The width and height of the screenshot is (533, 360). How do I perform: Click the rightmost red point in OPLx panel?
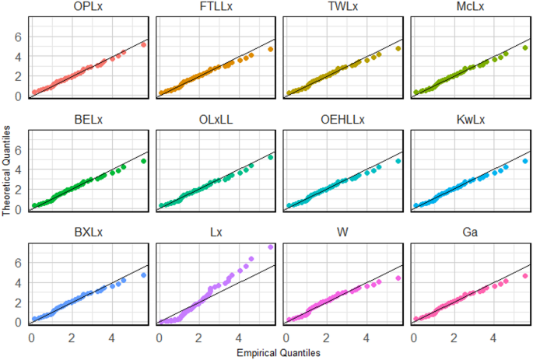(x=143, y=45)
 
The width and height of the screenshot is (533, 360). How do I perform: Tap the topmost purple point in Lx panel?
(x=270, y=247)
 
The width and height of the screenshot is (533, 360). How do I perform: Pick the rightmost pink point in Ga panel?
(x=525, y=275)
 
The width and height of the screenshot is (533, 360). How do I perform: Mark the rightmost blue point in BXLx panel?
(x=143, y=274)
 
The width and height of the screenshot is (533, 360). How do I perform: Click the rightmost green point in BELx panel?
(x=143, y=162)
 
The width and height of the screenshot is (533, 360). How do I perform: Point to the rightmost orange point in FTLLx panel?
(x=270, y=49)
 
